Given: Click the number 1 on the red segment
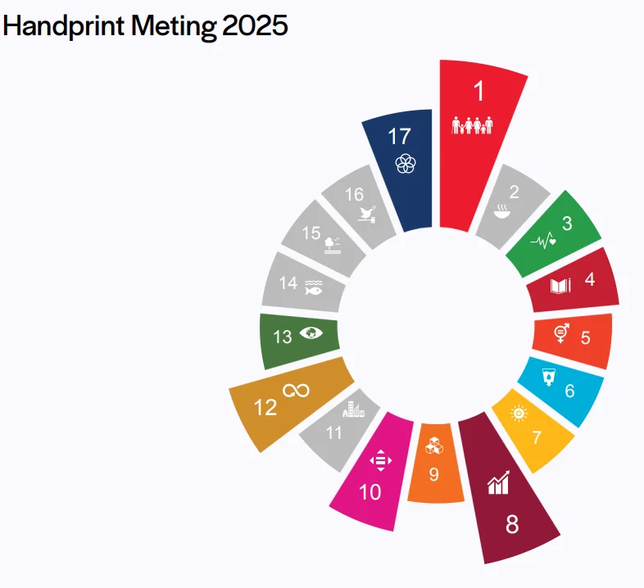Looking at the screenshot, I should pos(479,92).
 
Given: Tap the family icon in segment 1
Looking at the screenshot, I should pos(474,125).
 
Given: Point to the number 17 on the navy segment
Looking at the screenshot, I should pos(399,137).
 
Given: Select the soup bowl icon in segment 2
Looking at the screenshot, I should pos(502,215).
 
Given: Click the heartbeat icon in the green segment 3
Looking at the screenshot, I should pos(544,241).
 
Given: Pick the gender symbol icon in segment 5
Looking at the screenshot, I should pos(562,332).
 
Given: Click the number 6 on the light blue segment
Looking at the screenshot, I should pos(570,391).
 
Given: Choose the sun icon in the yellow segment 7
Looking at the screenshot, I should pos(518,414).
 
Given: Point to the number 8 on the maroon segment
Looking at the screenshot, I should pos(512,525).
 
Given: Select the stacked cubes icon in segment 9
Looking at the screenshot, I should pos(434,446).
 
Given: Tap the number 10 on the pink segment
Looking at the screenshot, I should pos(370,492).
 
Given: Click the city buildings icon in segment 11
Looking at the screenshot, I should pos(353,409).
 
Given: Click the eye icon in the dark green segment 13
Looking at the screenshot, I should pos(311,332).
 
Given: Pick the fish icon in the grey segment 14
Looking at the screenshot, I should pos(314,287).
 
